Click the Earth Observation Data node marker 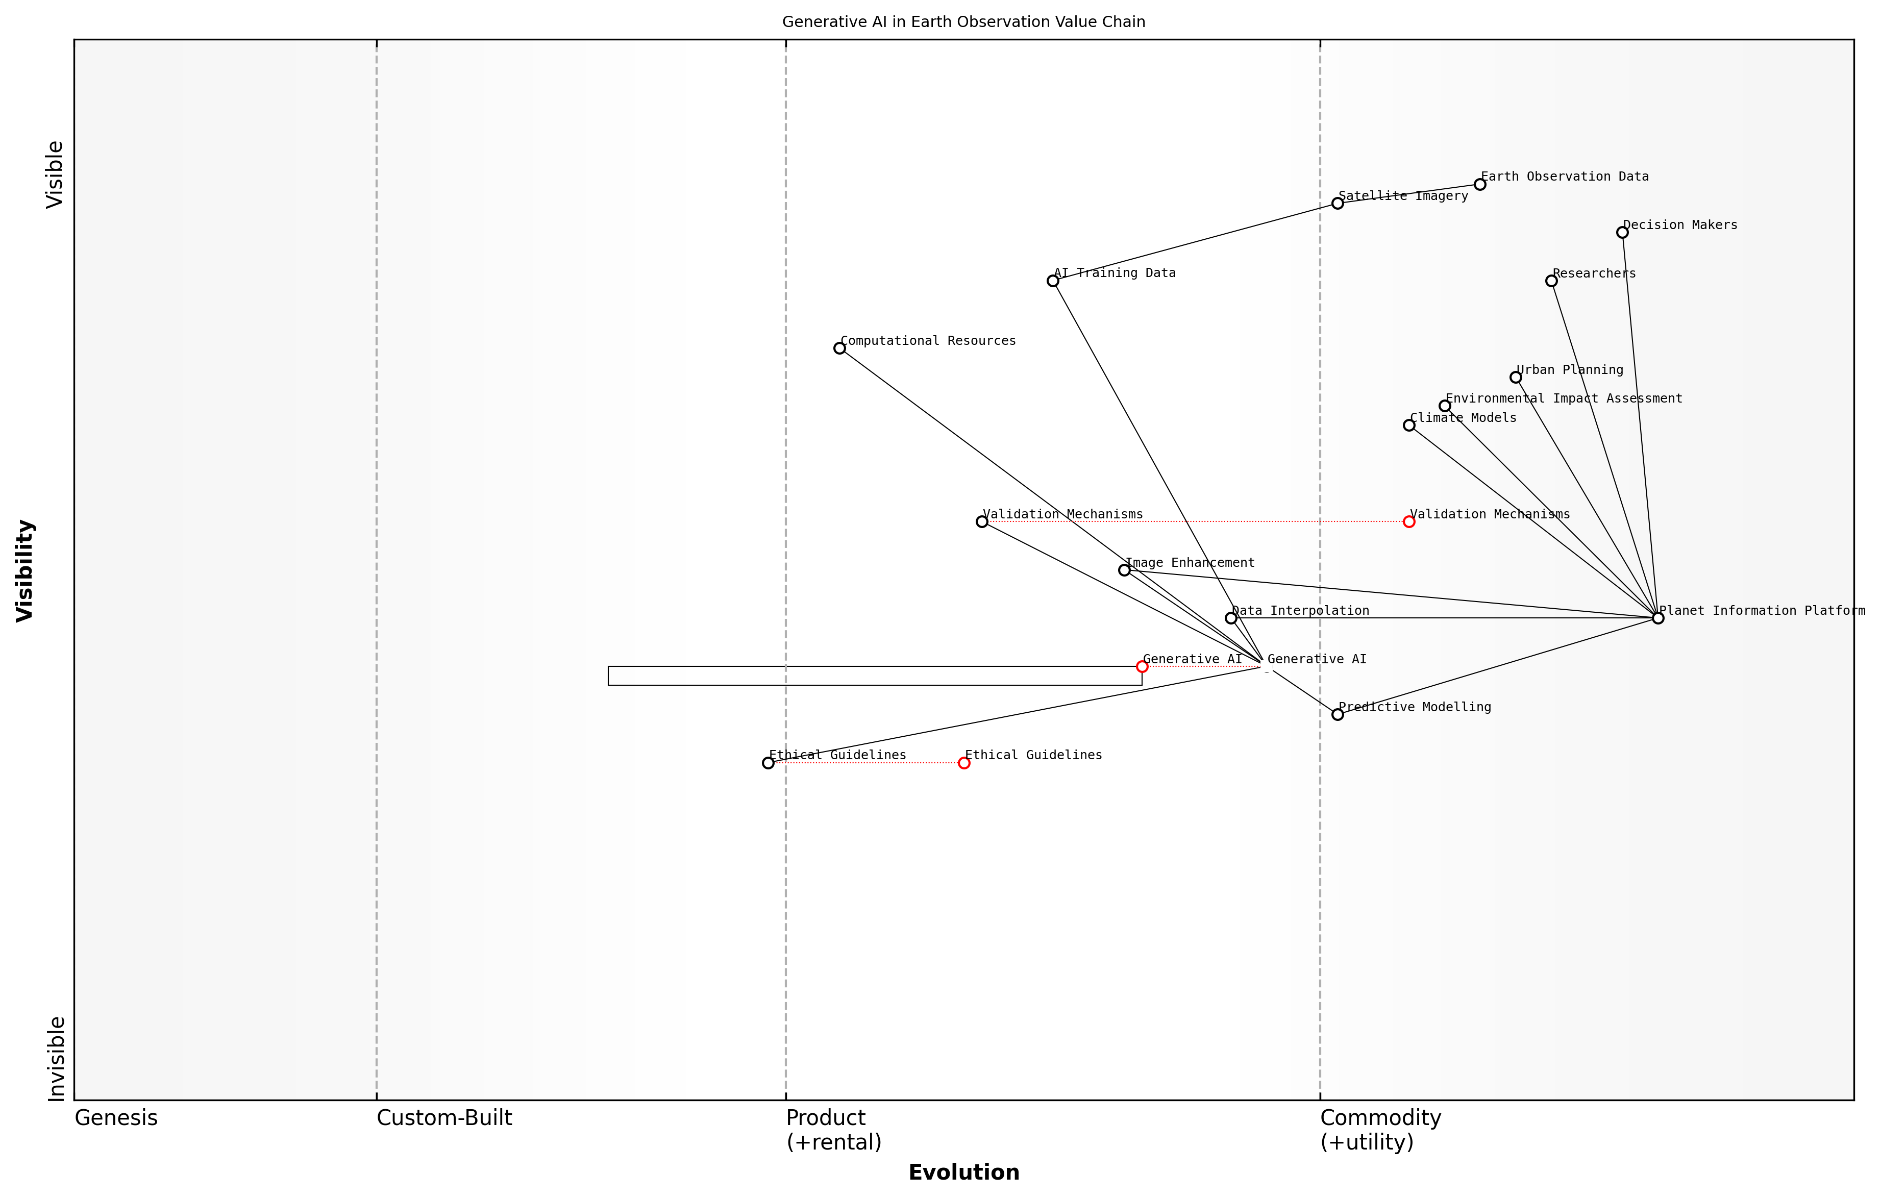coord(1479,184)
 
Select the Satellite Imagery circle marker coord(1338,203)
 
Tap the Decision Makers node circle coord(1622,233)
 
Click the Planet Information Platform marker coord(1657,618)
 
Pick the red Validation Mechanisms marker coord(1408,522)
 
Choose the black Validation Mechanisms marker coord(982,522)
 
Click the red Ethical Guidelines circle coord(964,763)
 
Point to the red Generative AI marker coord(1142,666)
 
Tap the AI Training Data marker coord(1053,281)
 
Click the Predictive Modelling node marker coord(1338,715)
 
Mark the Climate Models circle coord(1408,426)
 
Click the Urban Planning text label coord(1569,369)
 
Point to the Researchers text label coord(1594,273)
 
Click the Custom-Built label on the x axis coord(443,1118)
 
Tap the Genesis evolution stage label coord(116,1118)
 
